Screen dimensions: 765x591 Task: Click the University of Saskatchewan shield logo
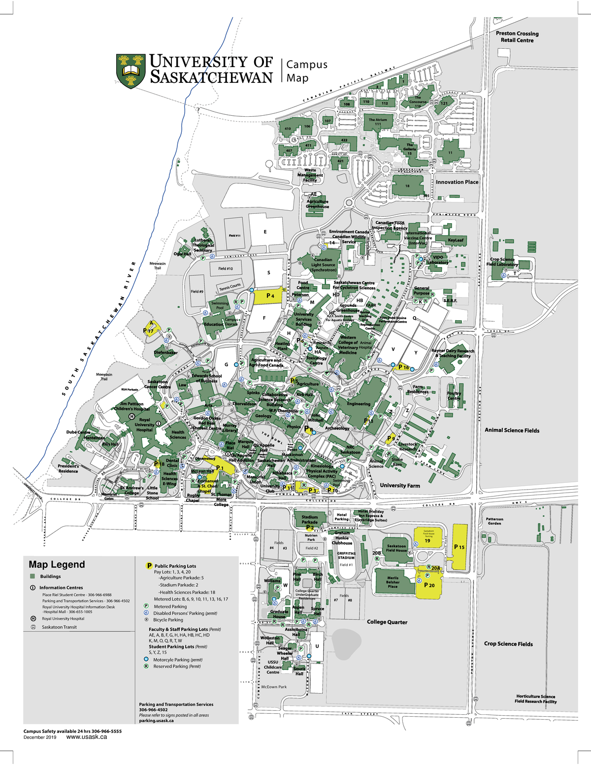tap(131, 71)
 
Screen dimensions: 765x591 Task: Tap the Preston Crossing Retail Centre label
tap(517, 37)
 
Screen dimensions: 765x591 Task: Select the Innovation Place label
tap(457, 182)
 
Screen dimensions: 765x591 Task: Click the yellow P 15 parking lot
tap(459, 547)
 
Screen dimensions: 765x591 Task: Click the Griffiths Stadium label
tap(346, 556)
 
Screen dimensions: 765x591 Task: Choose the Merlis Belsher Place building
tap(393, 582)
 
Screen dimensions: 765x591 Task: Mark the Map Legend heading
tap(57, 565)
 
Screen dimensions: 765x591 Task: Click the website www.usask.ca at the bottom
tap(86, 737)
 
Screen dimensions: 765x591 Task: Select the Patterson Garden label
tap(494, 521)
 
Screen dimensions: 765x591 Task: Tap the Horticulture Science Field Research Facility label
tap(535, 699)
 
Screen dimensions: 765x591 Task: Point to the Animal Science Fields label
tap(512, 431)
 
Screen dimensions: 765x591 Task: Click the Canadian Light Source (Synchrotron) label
tap(323, 265)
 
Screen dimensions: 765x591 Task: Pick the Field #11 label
tap(234, 235)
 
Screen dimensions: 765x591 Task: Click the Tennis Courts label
tap(230, 286)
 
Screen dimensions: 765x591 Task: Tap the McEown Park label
tap(274, 687)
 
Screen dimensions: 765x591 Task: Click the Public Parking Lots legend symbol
tap(149, 566)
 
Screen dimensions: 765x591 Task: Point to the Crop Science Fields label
tap(508, 644)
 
